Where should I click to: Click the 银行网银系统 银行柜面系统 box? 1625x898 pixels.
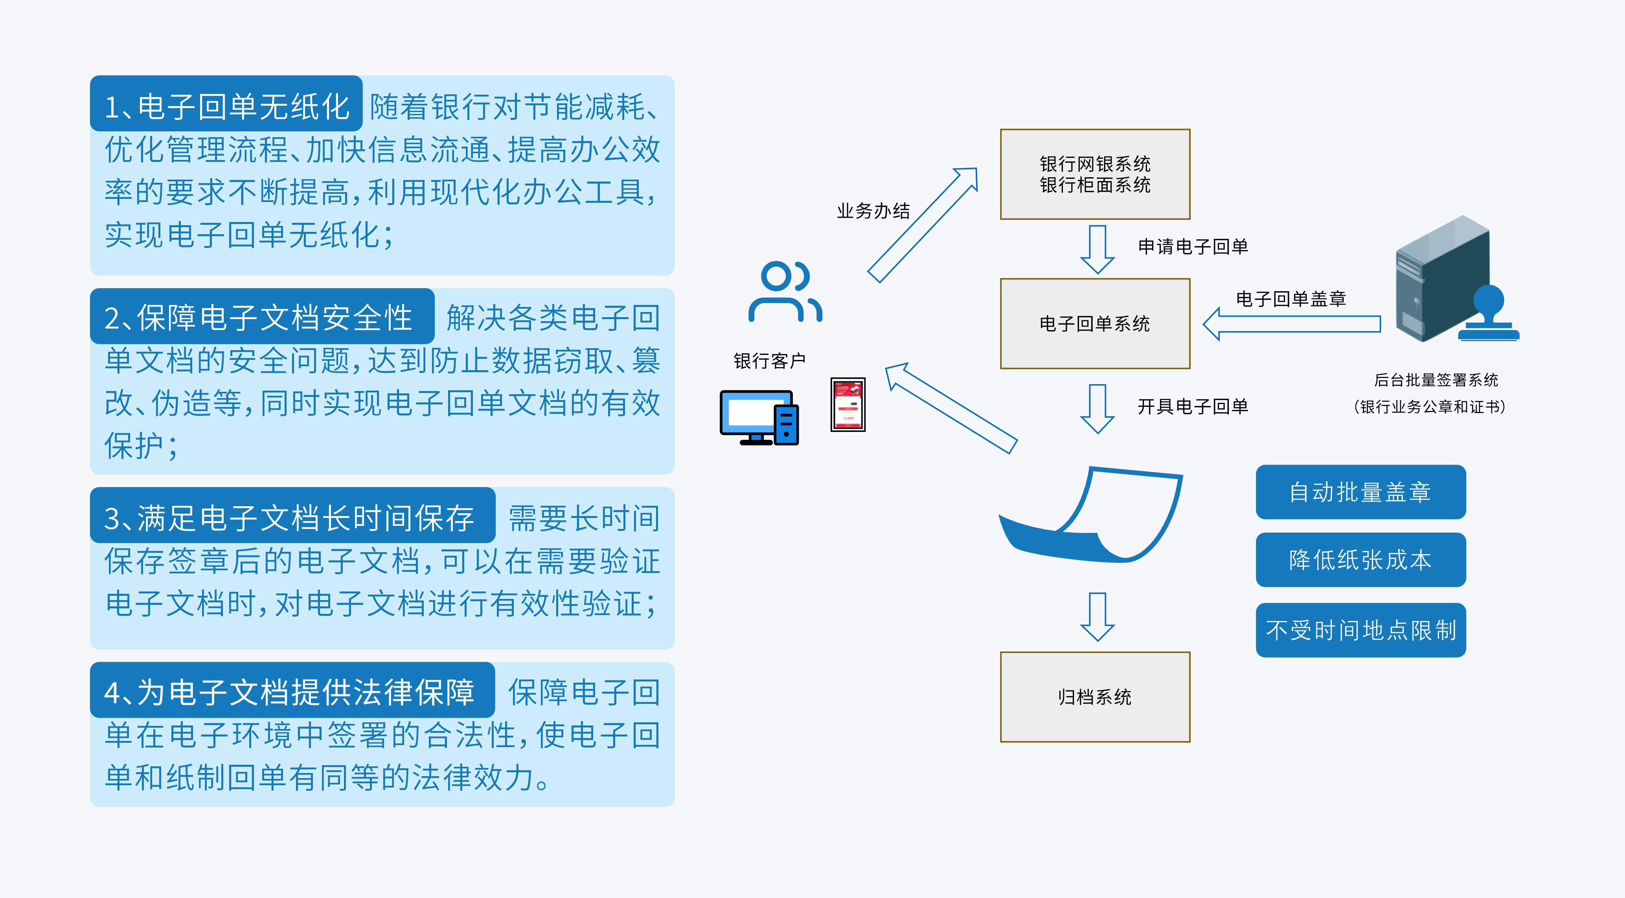coord(1094,174)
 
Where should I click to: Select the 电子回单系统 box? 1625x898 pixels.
coord(1094,323)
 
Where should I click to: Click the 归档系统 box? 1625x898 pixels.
coord(1094,697)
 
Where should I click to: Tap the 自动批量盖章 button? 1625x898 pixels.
coord(1360,492)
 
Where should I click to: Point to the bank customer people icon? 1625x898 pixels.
coord(784,292)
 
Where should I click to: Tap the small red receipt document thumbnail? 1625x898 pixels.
coord(848,404)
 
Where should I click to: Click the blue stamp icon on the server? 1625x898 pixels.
coord(1489,315)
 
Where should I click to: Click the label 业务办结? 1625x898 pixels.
coord(873,211)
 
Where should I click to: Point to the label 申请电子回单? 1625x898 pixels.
coord(1192,246)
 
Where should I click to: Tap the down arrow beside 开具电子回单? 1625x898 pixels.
coord(1097,409)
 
